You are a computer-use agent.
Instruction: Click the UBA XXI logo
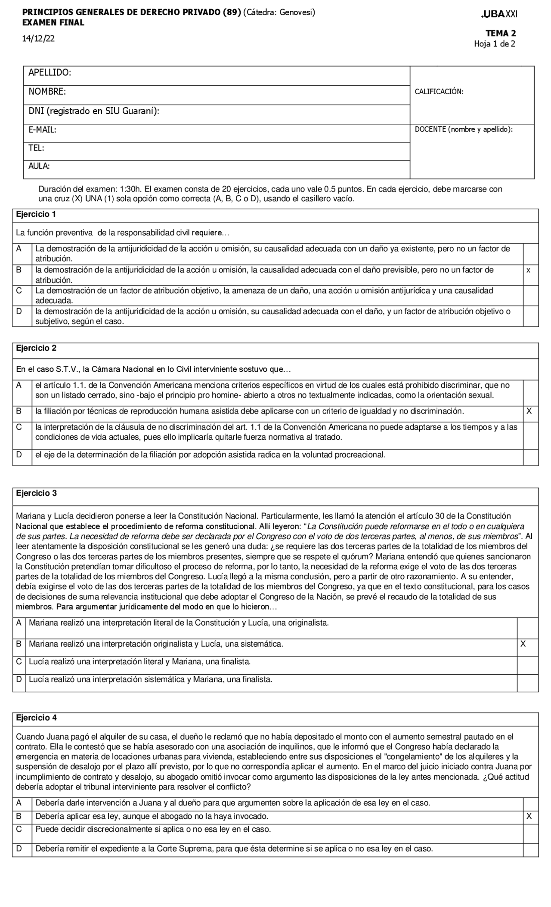(500, 14)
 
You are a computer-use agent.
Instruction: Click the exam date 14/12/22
(39, 39)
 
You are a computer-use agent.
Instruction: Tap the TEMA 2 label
(501, 33)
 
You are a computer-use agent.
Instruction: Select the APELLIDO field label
(50, 73)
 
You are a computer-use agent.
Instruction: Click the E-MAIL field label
(42, 130)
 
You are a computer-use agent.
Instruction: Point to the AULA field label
(39, 166)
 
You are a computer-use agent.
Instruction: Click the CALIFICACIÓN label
(439, 92)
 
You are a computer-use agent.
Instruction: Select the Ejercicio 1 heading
(36, 214)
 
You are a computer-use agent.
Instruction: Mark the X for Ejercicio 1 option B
(529, 271)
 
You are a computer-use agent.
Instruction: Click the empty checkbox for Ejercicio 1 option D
(531, 316)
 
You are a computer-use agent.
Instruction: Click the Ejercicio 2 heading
(36, 349)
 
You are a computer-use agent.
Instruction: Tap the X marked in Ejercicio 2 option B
(529, 411)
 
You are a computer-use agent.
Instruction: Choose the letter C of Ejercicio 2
(19, 427)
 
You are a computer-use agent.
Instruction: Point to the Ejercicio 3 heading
(36, 494)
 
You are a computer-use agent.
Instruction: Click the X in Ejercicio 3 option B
(523, 644)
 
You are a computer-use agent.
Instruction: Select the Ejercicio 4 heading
(36, 718)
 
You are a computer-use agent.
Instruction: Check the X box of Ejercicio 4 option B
(529, 816)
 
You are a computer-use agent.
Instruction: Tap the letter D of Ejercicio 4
(19, 849)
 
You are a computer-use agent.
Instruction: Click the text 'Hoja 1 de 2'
(495, 44)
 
